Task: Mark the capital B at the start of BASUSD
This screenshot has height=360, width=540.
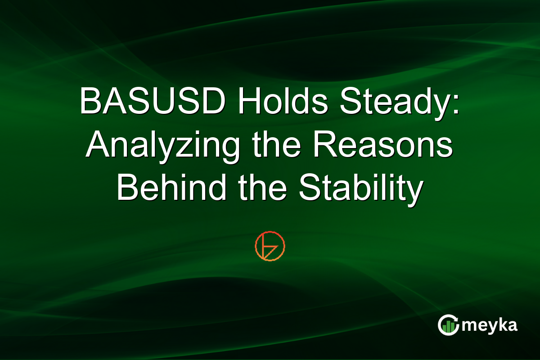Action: tap(89, 103)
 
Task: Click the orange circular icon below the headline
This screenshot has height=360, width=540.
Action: tap(270, 246)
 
